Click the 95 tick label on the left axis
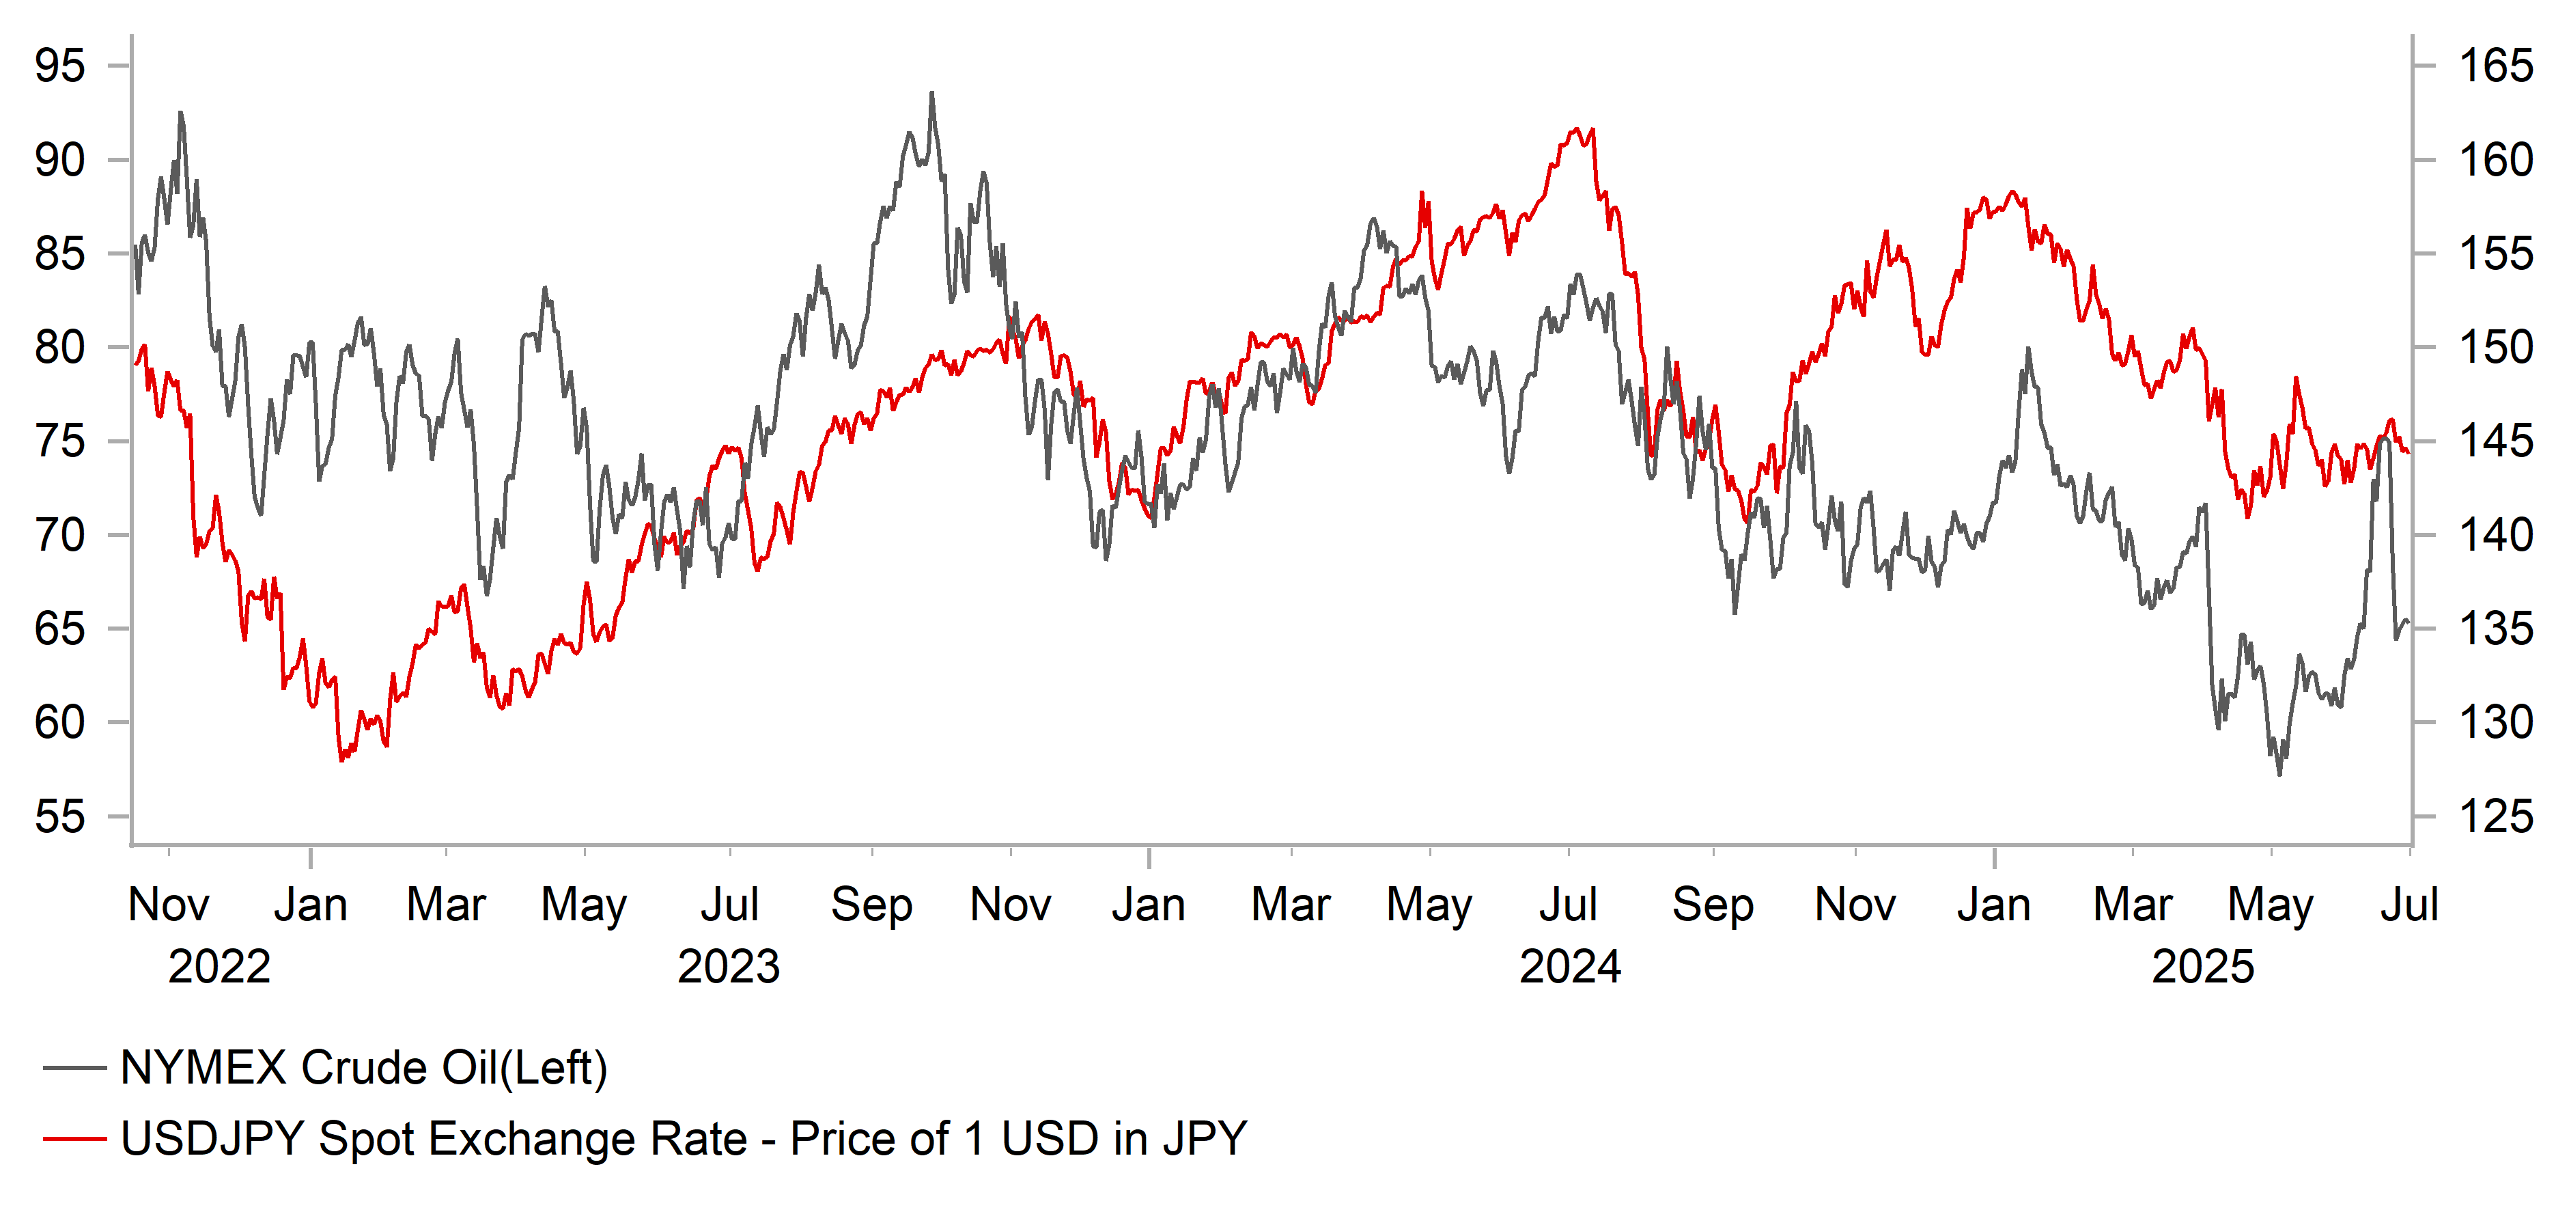[x=60, y=66]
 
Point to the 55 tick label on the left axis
[x=60, y=817]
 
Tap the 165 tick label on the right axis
[x=2495, y=66]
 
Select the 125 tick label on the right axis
[x=2495, y=817]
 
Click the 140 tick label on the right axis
[x=2495, y=536]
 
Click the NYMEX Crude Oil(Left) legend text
[x=364, y=1067]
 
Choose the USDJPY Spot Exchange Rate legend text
[x=683, y=1138]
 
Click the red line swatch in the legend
[x=75, y=1138]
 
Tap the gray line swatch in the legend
[x=75, y=1067]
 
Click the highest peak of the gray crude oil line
[x=932, y=93]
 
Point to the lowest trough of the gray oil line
[x=2279, y=774]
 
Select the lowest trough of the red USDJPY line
[x=342, y=760]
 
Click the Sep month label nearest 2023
[x=871, y=905]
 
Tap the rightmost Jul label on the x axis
[x=2409, y=905]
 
